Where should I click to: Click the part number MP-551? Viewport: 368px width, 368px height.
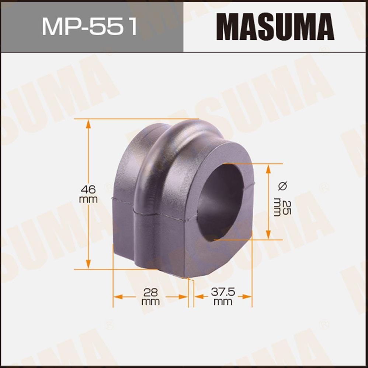pyautogui.click(x=90, y=26)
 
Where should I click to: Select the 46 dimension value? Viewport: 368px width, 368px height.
pyautogui.click(x=88, y=190)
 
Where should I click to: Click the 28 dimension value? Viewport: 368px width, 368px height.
pyautogui.click(x=151, y=293)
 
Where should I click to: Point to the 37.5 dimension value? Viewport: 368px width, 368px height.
pyautogui.click(x=223, y=293)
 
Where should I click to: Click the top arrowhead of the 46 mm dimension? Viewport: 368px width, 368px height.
pyautogui.click(x=88, y=124)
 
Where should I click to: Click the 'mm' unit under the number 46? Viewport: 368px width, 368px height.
pyautogui.click(x=88, y=200)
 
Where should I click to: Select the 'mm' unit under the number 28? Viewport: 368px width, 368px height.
pyautogui.click(x=151, y=302)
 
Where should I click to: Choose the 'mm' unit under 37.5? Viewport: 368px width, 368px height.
pyautogui.click(x=223, y=302)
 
